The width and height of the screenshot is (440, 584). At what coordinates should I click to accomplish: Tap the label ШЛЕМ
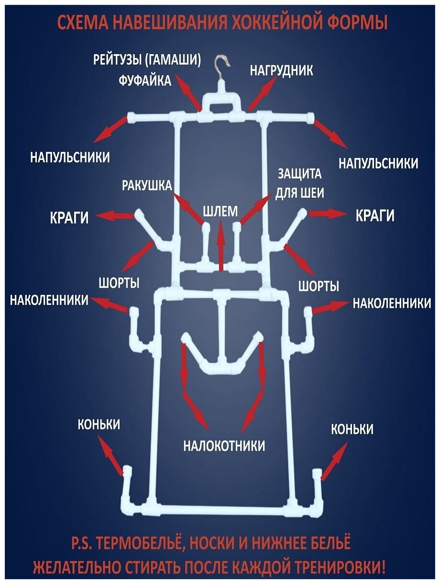coord(220,211)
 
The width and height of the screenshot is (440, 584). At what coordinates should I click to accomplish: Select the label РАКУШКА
coord(147,185)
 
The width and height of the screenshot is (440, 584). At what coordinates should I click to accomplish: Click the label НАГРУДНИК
coord(282,71)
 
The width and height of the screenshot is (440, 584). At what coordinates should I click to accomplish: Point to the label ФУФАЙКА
coord(145,80)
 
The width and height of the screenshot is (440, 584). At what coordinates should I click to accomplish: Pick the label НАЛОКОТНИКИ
coord(224,446)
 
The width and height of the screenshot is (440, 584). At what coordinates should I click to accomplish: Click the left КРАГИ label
coord(70,217)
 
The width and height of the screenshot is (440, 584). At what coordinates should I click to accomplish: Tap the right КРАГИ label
coord(375,216)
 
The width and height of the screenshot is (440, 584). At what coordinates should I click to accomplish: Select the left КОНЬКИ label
coord(99,425)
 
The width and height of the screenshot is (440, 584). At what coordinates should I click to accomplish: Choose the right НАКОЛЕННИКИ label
coord(392,303)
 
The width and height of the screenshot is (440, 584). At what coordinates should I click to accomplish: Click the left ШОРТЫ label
coord(119,283)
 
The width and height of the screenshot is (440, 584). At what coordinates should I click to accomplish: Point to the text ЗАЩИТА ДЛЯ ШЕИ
coord(300,183)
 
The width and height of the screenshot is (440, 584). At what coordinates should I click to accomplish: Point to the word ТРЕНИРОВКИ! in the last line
coord(336,568)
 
